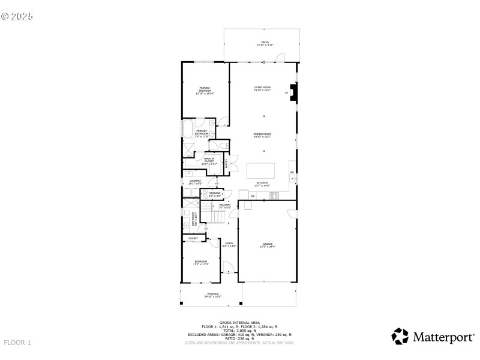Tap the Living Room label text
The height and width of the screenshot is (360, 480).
click(x=262, y=89)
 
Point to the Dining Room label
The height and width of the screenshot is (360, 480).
click(x=262, y=135)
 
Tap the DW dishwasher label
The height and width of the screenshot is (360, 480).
click(x=292, y=173)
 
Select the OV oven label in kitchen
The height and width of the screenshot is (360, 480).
click(x=253, y=196)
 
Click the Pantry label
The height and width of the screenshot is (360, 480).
click(x=226, y=164)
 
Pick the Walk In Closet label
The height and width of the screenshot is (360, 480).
click(x=209, y=160)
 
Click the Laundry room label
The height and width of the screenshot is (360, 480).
click(x=196, y=182)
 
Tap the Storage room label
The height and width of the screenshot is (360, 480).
click(x=215, y=194)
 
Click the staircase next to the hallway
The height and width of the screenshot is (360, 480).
click(x=205, y=212)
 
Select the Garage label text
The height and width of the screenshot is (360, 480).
click(x=267, y=245)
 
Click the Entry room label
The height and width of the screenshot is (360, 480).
click(x=229, y=245)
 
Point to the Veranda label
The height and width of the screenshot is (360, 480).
click(x=212, y=295)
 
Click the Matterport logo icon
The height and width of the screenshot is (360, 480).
click(x=400, y=337)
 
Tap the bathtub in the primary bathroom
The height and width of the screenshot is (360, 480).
click(x=187, y=130)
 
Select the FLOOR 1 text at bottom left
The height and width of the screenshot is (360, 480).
click(x=17, y=343)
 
